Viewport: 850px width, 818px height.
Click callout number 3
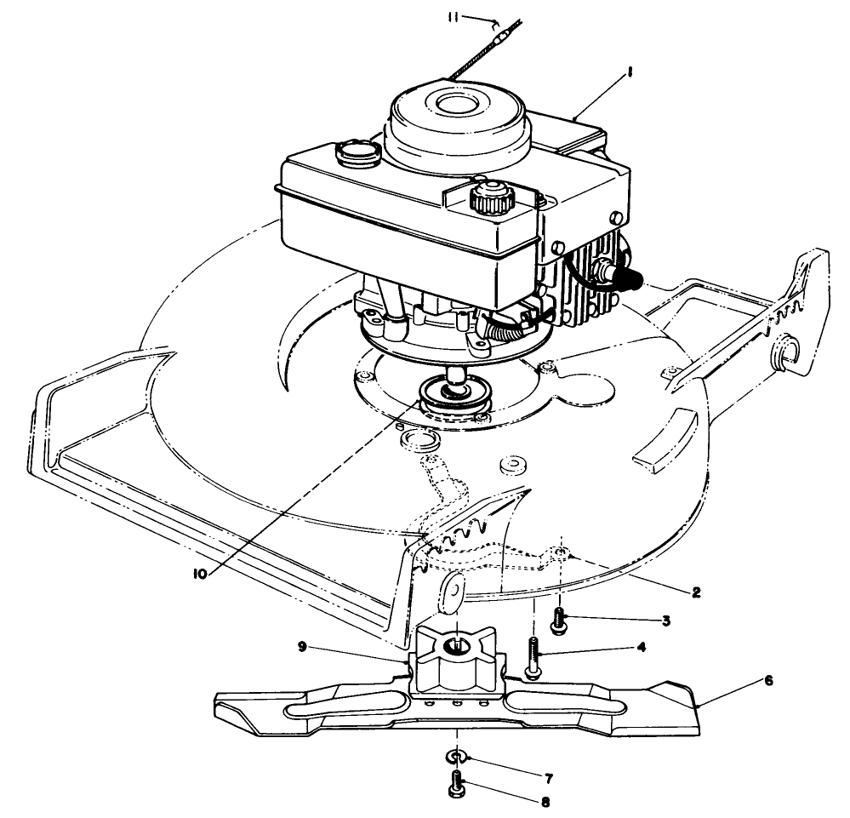pos(666,621)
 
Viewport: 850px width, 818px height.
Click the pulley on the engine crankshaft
pos(449,398)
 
